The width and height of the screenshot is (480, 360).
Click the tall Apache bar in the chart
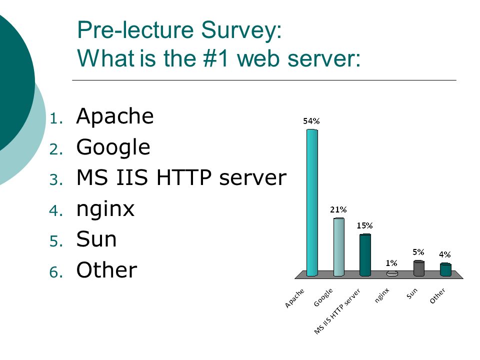click(312, 202)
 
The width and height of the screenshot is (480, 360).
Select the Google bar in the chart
click(339, 247)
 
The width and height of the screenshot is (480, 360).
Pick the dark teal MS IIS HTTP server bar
click(365, 255)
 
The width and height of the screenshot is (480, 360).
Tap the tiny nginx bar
click(392, 273)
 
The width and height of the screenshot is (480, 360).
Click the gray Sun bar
click(419, 268)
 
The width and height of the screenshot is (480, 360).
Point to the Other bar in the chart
click(445, 269)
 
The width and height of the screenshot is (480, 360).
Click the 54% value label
click(311, 121)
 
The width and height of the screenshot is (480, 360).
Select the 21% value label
click(338, 209)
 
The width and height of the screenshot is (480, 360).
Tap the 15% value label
click(364, 225)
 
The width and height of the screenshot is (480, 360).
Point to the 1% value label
click(391, 263)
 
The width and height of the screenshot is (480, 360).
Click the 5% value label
click(418, 252)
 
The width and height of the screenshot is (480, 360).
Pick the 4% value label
click(445, 254)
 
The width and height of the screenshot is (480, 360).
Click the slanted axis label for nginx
click(381, 295)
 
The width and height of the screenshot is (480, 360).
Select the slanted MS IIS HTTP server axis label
click(337, 311)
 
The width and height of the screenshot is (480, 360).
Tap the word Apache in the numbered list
click(115, 116)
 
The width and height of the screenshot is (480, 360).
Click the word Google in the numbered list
click(113, 147)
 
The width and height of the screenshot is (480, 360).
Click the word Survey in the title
click(241, 30)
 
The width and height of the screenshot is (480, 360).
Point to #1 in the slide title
click(216, 58)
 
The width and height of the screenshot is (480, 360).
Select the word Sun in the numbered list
click(96, 239)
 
